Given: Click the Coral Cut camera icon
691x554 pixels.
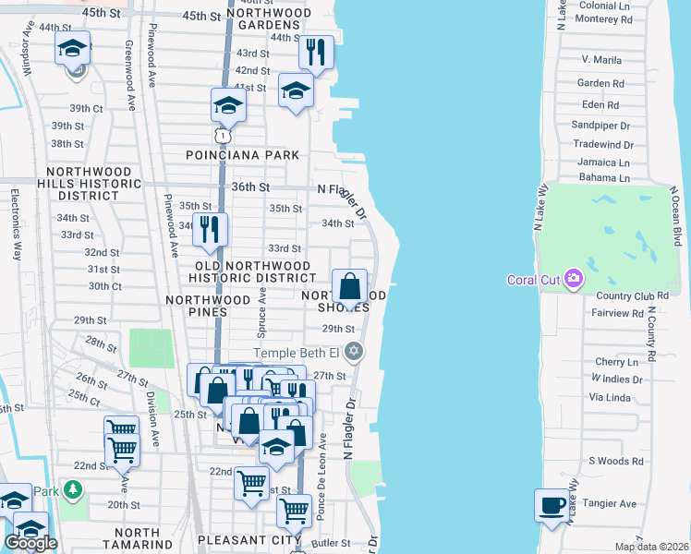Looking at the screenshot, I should [574, 278].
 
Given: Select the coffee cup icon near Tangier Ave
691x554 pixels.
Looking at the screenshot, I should [552, 505].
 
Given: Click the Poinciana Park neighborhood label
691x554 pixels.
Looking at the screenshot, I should [243, 155].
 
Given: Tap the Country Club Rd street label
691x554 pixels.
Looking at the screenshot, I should [632, 295].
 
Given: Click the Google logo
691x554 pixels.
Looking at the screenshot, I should [30, 543].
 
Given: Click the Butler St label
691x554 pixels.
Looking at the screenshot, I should [331, 545].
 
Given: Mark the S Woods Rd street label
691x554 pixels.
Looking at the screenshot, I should [614, 460].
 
